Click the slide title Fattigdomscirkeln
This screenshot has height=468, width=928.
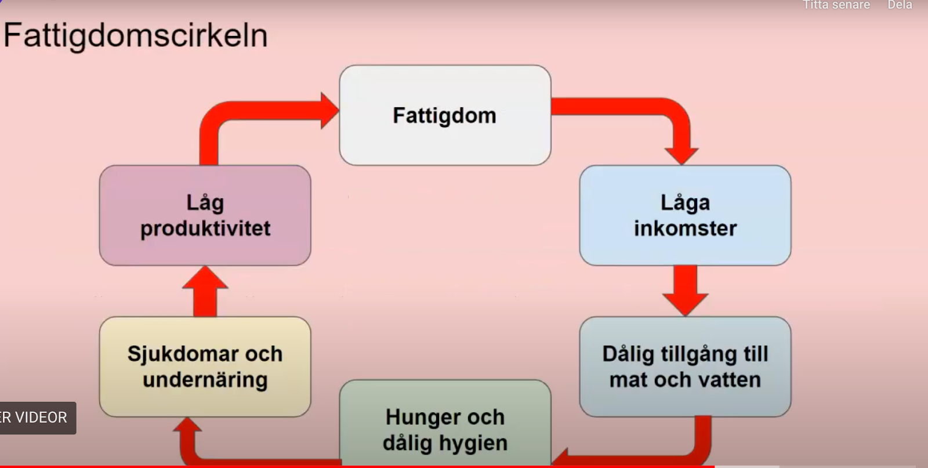tap(135, 35)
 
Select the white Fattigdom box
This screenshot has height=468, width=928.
tap(445, 115)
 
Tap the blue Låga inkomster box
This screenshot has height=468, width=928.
tap(685, 215)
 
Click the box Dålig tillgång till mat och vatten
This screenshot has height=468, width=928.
tap(685, 367)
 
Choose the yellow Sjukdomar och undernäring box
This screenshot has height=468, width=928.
tap(205, 367)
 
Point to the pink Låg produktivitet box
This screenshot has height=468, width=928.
tap(205, 215)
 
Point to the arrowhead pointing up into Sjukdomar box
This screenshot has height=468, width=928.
tap(187, 429)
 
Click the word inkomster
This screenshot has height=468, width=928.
tap(685, 228)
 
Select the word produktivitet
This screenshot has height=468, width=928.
tap(205, 228)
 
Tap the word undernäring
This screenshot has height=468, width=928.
tap(205, 380)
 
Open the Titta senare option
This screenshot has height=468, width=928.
tap(836, 5)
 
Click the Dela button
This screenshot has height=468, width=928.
tap(900, 5)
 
